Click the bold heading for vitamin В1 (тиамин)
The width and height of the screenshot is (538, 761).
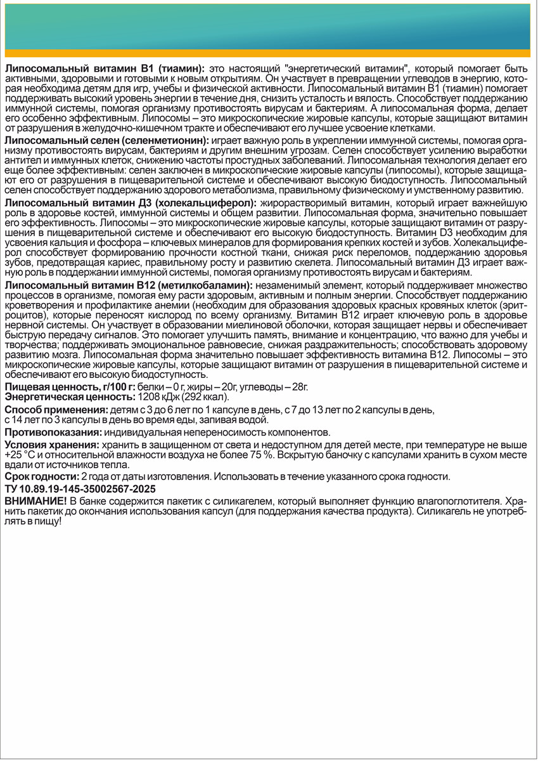[x=105, y=67]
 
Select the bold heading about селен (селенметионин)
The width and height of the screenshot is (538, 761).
[x=105, y=140]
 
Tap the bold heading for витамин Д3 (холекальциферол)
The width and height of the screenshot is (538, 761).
[x=130, y=202]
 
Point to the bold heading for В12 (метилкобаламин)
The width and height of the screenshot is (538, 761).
[x=129, y=285]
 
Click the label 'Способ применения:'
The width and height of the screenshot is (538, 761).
[x=50, y=409]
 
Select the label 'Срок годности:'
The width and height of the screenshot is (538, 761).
[x=41, y=477]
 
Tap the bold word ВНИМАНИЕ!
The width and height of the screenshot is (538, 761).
[x=35, y=500]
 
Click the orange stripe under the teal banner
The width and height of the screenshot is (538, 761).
[x=269, y=53]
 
